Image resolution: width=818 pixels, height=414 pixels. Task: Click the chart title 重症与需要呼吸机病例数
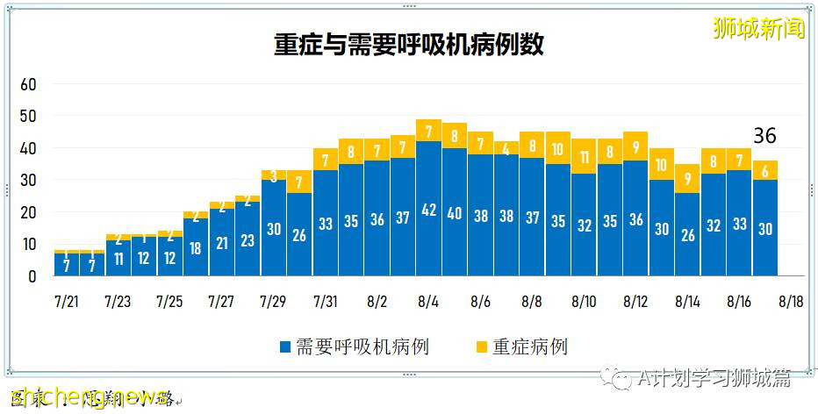pos(408,46)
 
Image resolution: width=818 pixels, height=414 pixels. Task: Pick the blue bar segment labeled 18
pos(195,247)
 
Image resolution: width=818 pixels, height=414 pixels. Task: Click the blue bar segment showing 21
pos(221,242)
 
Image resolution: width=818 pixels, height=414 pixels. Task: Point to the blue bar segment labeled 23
pos(247,239)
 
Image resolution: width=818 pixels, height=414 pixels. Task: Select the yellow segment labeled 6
pos(764,170)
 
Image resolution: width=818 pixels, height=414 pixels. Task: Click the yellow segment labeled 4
pos(506,148)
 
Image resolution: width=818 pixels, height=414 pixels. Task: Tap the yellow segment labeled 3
pos(273,175)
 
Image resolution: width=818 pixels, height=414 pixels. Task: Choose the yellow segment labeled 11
pos(584,157)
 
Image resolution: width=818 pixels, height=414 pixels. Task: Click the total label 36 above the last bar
pos(764,137)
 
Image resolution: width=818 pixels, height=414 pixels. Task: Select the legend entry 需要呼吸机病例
pos(355,346)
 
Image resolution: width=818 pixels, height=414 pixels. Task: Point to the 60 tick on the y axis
pos(29,84)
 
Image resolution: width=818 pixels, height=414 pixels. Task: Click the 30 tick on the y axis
pos(29,181)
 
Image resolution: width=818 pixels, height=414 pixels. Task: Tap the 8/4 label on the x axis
pos(428,302)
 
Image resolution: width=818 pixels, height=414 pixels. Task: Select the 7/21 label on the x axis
pos(66,302)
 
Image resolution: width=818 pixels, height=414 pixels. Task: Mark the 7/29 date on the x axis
pos(273,302)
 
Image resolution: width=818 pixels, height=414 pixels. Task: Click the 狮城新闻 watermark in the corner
pos(759,28)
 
